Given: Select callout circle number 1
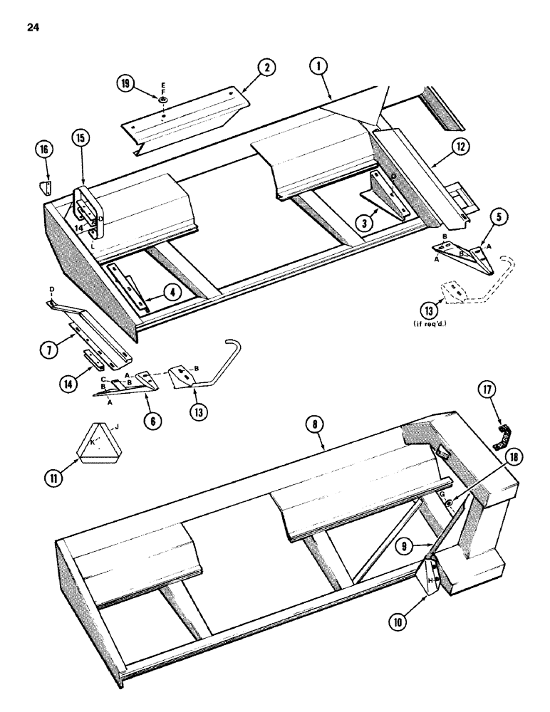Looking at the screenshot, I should click(x=317, y=66).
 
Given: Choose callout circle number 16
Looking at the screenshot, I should click(x=45, y=151).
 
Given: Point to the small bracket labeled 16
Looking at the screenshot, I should click(x=45, y=187).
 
